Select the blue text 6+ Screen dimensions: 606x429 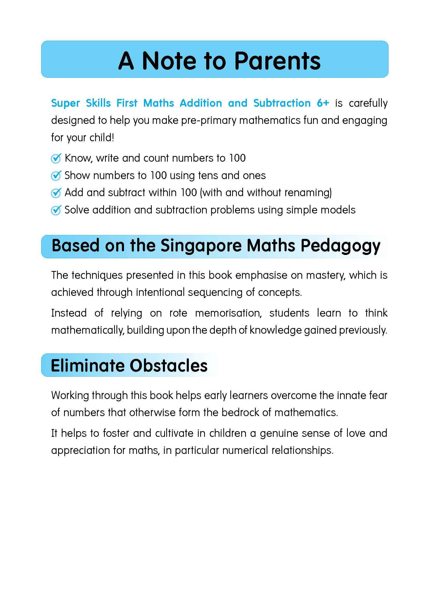click(323, 103)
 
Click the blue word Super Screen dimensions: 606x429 click(65, 103)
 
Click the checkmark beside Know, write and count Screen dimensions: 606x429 click(56, 158)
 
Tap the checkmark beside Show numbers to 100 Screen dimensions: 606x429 click(56, 175)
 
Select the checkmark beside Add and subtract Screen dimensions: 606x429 click(56, 193)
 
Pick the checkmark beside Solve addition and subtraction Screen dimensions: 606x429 click(56, 210)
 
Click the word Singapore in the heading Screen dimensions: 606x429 click(201, 246)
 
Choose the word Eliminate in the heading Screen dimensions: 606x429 click(87, 366)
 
